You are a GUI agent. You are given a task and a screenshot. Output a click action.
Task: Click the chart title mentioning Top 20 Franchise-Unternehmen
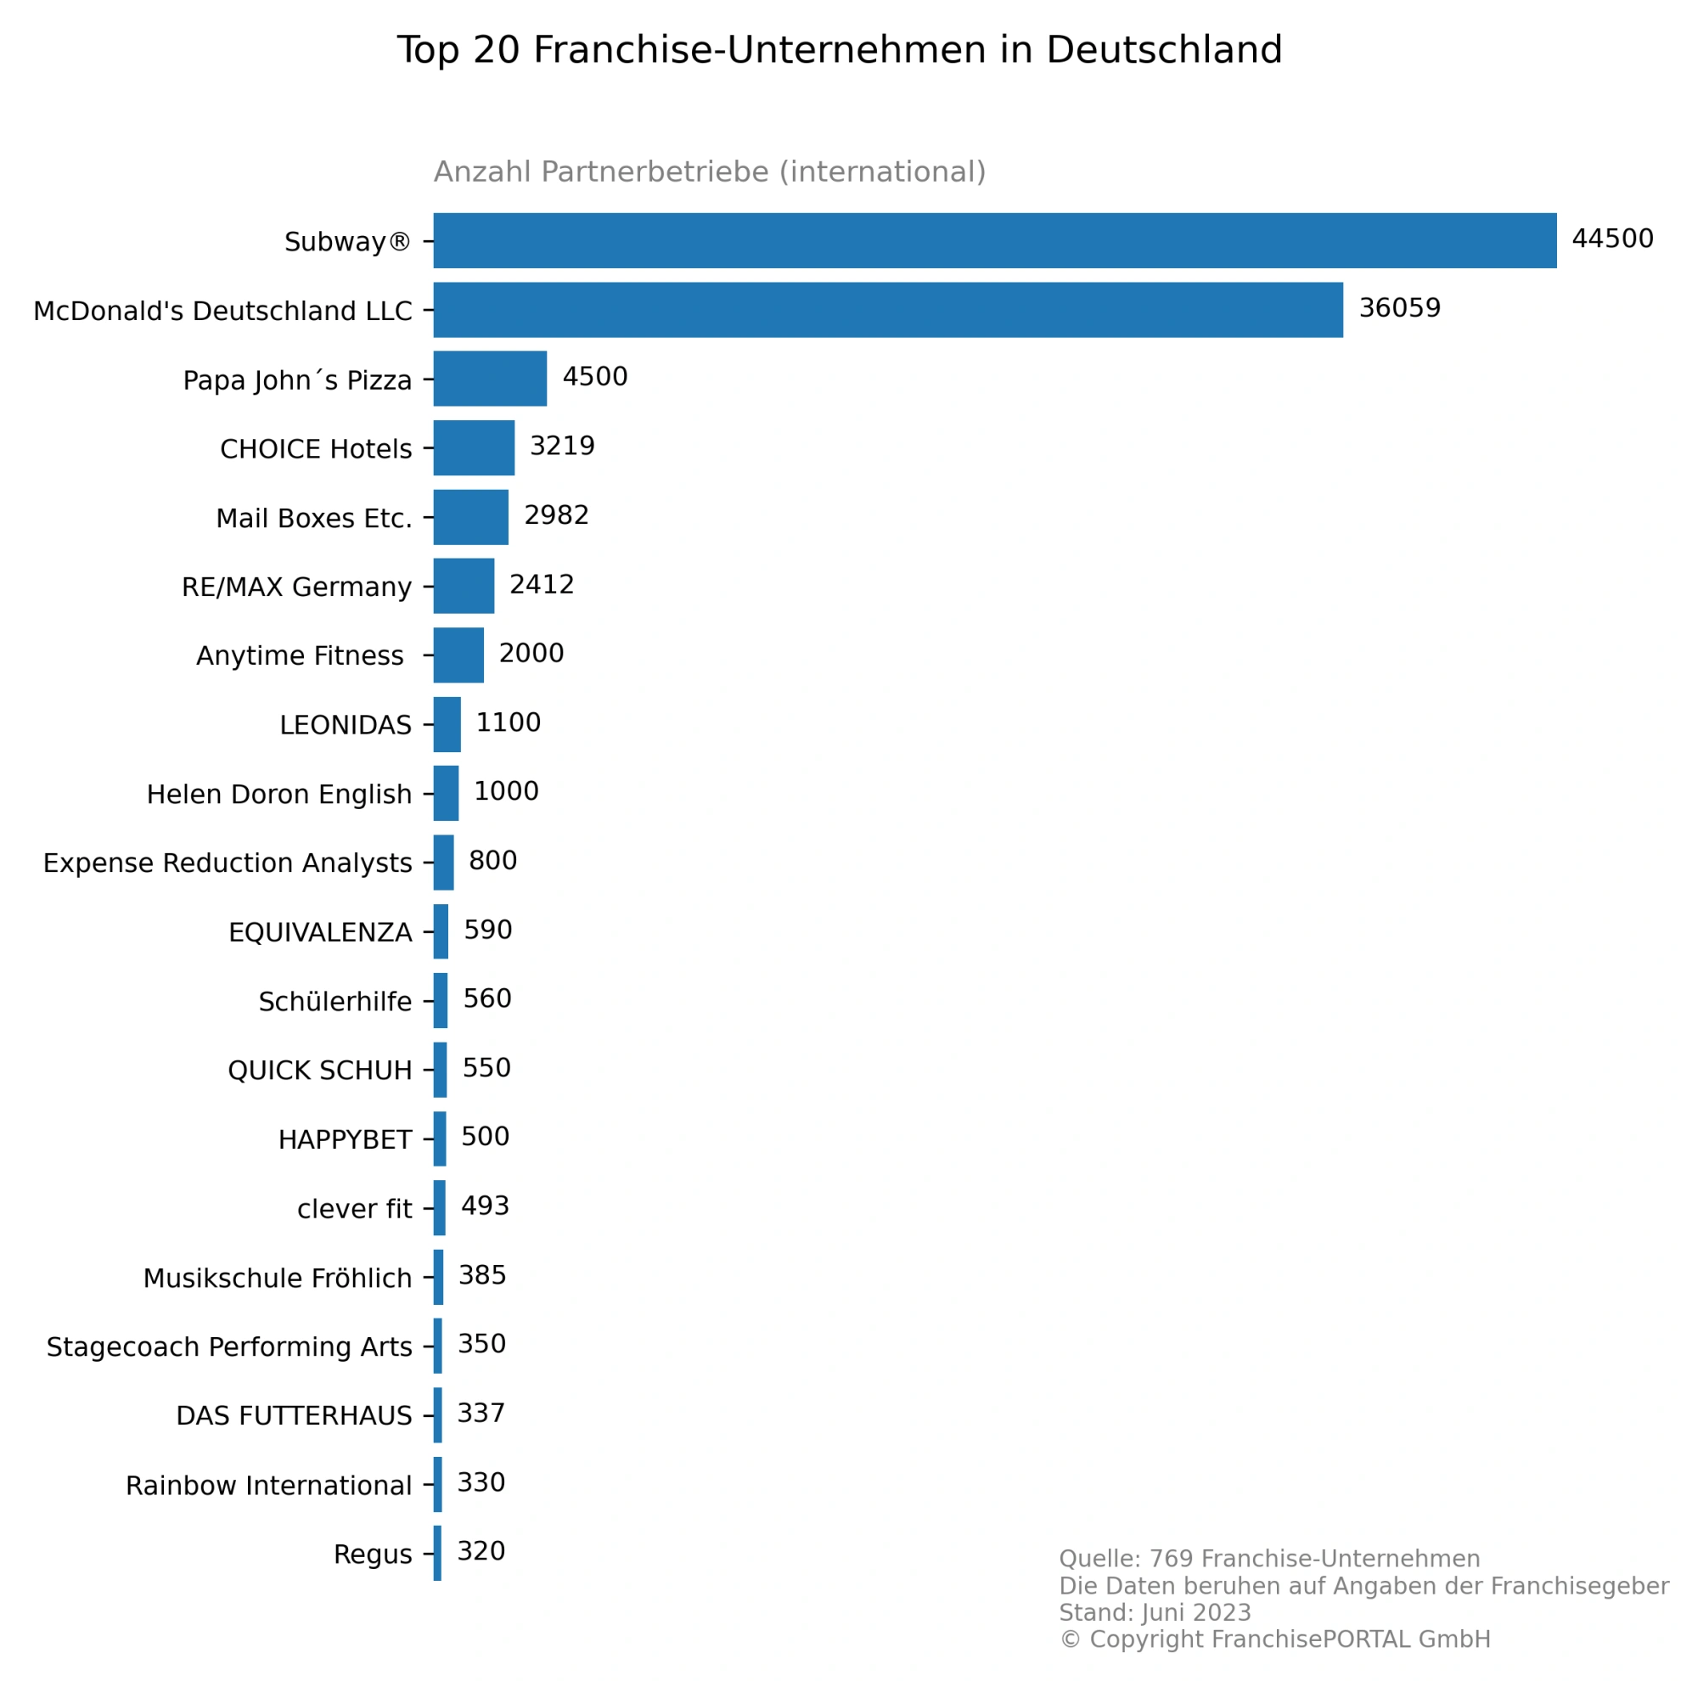(x=840, y=49)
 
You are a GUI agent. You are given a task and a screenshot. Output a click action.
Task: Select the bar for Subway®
(x=994, y=240)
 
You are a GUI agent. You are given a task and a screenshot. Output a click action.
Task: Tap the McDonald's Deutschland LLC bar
(x=887, y=310)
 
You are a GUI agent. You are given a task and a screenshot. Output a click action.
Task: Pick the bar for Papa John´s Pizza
(x=490, y=379)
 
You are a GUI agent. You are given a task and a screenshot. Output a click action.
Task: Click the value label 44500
(x=1612, y=239)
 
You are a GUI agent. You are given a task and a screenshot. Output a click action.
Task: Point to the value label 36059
(x=1399, y=308)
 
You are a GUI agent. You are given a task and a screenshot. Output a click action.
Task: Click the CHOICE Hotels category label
(x=316, y=449)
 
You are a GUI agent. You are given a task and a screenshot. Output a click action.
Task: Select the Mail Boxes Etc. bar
(x=470, y=517)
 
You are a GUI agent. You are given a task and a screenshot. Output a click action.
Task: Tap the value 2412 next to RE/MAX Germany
(x=541, y=585)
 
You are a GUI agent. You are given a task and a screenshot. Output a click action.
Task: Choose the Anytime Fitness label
(x=301, y=656)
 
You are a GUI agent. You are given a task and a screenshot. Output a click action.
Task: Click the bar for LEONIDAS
(x=447, y=724)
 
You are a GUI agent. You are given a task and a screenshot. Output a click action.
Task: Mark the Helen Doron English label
(x=279, y=795)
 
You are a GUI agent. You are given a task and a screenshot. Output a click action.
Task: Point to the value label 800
(x=492, y=861)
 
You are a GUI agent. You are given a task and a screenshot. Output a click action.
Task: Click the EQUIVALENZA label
(x=320, y=933)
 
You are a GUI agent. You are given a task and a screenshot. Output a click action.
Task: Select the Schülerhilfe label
(x=335, y=1002)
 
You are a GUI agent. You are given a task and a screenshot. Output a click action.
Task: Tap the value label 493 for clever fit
(x=485, y=1206)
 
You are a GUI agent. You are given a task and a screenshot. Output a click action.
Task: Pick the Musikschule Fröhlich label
(x=278, y=1278)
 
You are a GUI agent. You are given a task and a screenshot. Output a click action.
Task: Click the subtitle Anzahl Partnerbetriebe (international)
(x=710, y=171)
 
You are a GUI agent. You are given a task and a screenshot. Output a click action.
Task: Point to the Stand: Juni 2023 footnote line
(x=1155, y=1612)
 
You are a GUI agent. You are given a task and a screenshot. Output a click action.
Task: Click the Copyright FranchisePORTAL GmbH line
(x=1274, y=1639)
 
